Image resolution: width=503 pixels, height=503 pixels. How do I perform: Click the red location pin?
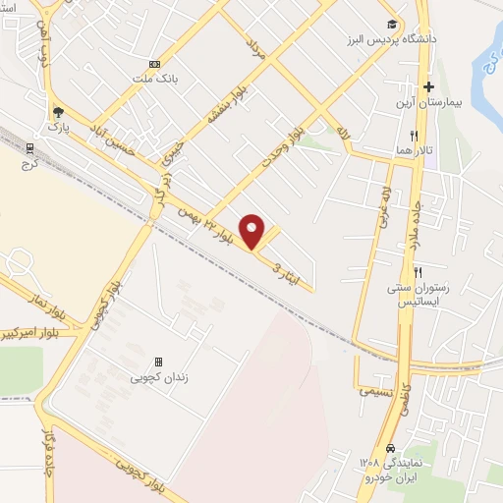point(253,231)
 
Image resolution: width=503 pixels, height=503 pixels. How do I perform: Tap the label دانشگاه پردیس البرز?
point(380,41)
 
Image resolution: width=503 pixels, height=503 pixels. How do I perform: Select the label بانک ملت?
point(156,76)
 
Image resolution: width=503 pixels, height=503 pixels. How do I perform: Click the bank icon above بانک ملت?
point(154,62)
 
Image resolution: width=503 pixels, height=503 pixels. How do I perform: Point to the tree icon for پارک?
point(58,112)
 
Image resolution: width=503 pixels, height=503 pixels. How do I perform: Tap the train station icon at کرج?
point(29,149)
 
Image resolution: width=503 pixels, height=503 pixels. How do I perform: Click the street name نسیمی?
point(376,390)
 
